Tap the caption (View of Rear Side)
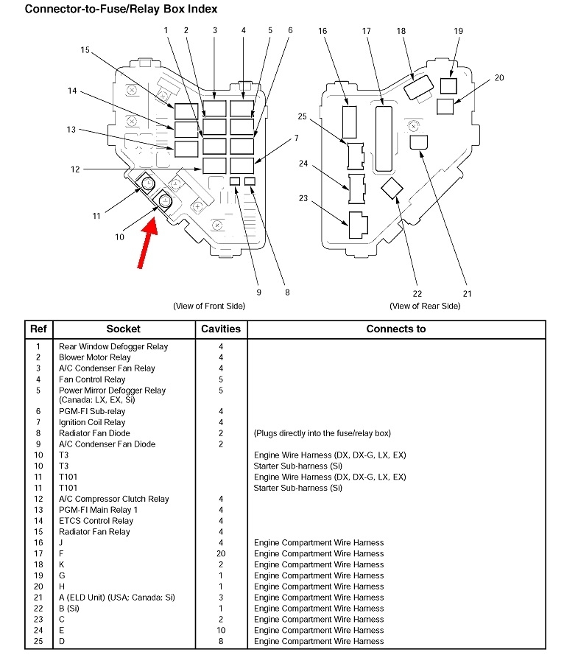point(425,305)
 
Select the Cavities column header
point(221,329)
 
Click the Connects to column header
point(395,329)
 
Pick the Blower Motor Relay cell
point(95,357)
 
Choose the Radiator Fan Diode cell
point(94,433)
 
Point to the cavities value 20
point(221,553)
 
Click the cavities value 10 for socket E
point(221,631)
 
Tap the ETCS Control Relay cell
point(96,521)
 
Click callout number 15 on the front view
point(85,50)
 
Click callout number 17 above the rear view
point(367,31)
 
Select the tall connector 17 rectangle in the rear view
point(384,138)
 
